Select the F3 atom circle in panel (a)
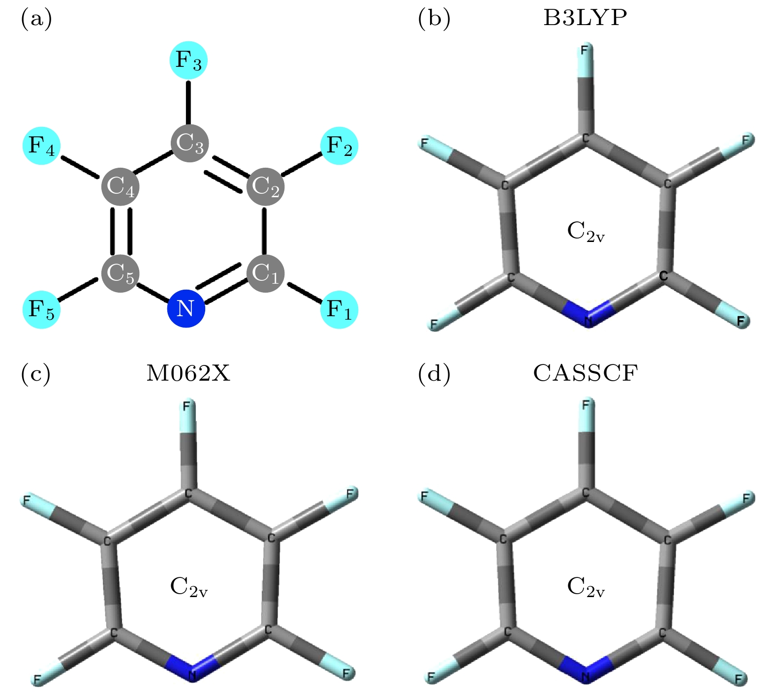pyautogui.click(x=188, y=60)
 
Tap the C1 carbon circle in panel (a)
pyautogui.click(x=265, y=273)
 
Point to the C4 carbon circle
pyautogui.click(x=120, y=187)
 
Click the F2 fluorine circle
pyautogui.click(x=340, y=146)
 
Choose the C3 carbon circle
pyautogui.click(x=190, y=143)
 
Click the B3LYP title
pyautogui.click(x=585, y=19)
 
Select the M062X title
pyautogui.click(x=188, y=374)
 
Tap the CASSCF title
pyautogui.click(x=585, y=374)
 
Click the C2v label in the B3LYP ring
pyautogui.click(x=586, y=232)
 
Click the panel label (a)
pyautogui.click(x=36, y=20)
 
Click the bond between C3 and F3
pyautogui.click(x=188, y=102)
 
